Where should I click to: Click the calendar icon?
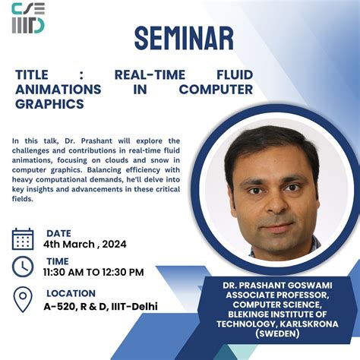click(23, 238)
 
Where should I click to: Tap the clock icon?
click(23, 267)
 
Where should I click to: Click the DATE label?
click(59, 233)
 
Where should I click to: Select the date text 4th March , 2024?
click(85, 245)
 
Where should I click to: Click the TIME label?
click(58, 261)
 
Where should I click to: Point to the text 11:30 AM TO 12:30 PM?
click(93, 272)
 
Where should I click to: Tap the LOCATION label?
click(71, 293)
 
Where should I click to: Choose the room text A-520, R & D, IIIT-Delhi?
click(100, 306)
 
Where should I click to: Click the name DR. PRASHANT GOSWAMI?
click(277, 283)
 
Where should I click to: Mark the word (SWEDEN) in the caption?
click(277, 333)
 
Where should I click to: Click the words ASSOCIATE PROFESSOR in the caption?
click(277, 293)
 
